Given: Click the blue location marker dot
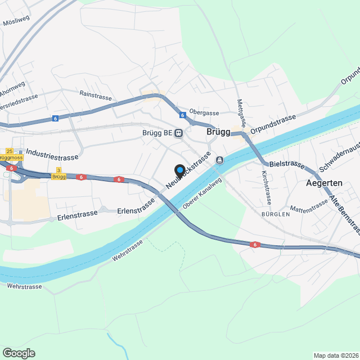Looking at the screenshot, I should pyautogui.click(x=180, y=169).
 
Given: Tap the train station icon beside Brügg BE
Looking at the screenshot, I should pyautogui.click(x=178, y=133).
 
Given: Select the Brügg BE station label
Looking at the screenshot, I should pyautogui.click(x=157, y=133).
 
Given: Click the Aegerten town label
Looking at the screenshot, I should pyautogui.click(x=324, y=183).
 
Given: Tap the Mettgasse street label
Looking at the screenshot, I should pyautogui.click(x=241, y=112).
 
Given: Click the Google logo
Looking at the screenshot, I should pyautogui.click(x=19, y=353).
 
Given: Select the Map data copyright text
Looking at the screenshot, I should pyautogui.click(x=336, y=355).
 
